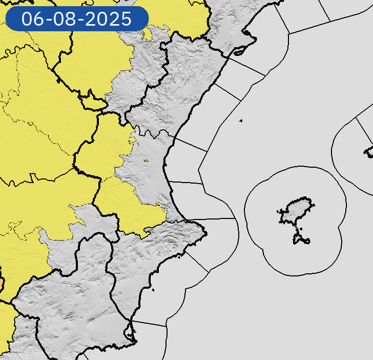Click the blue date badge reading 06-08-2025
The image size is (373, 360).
click(77, 19)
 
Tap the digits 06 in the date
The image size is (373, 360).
click(32, 19)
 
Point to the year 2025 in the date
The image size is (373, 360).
click(109, 19)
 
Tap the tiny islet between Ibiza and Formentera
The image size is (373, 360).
click(297, 230)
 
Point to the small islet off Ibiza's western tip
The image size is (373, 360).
click(280, 212)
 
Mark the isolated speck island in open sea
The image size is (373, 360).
click(240, 121)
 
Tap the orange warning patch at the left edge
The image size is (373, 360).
click(1, 284)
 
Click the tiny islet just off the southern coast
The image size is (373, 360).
click(153, 291)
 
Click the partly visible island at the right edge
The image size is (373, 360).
click(369, 151)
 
